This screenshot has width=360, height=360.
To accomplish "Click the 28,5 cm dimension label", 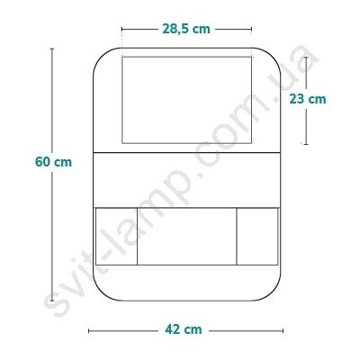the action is tap(186, 29).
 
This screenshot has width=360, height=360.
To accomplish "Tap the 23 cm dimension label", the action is tap(308, 99).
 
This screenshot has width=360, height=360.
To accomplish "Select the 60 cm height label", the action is tap(53, 162).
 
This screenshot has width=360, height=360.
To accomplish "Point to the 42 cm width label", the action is tap(184, 329).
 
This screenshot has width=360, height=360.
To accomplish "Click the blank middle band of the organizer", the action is tap(187, 180).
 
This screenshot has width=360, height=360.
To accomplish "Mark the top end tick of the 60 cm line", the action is tap(52, 49).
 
